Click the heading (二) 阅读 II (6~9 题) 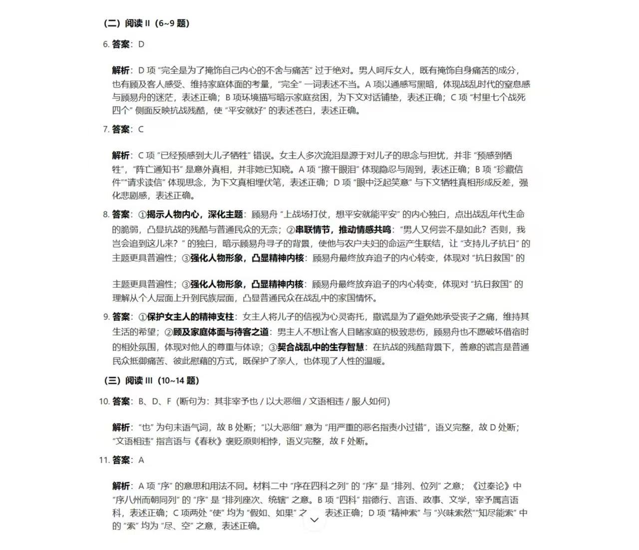pos(146,23)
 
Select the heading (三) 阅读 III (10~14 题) pos(151,380)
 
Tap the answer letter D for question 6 pos(141,44)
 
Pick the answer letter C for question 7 pos(141,129)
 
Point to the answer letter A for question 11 pos(141,460)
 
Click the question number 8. pos(105,215)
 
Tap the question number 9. pos(106,316)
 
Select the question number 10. pos(104,401)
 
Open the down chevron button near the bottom pos(315,520)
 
